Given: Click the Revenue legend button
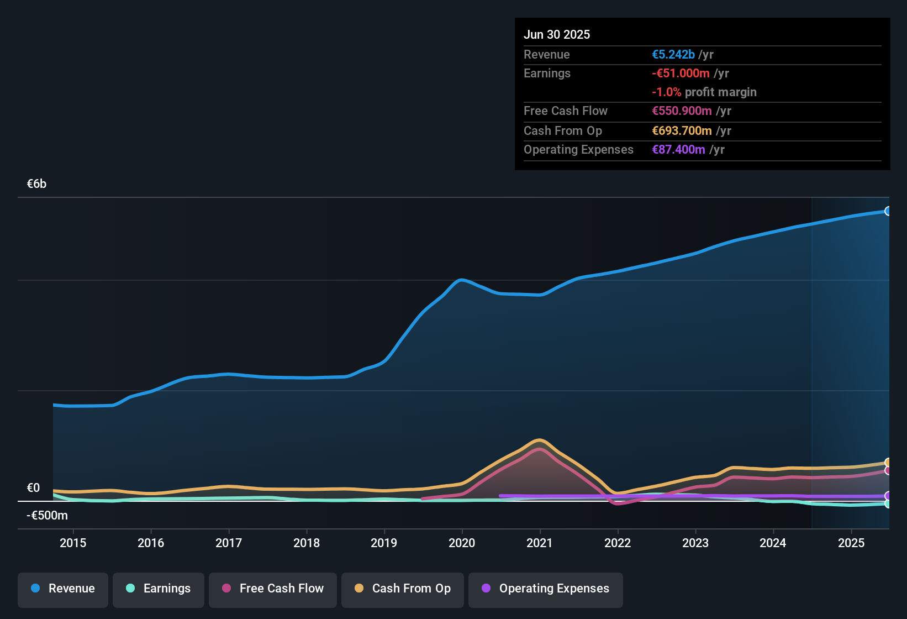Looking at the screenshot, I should click(x=63, y=589).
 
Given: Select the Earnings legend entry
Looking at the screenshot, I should click(x=159, y=589).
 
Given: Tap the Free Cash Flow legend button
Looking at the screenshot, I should click(x=273, y=589).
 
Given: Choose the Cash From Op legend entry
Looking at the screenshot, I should click(x=403, y=589).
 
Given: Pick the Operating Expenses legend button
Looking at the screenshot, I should click(x=546, y=589).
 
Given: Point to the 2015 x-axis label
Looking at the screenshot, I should click(x=73, y=543).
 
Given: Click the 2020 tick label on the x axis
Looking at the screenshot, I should click(x=462, y=543).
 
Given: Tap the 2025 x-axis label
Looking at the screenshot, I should click(x=851, y=543).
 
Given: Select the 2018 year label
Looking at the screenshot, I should click(x=307, y=543).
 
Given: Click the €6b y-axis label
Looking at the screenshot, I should click(x=37, y=184).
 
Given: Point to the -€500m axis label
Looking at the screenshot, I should click(x=48, y=516).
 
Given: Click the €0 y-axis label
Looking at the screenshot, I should click(x=34, y=488).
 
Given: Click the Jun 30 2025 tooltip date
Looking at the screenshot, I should click(x=557, y=34).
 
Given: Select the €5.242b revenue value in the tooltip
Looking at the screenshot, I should click(x=673, y=55).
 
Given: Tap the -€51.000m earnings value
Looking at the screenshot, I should click(x=681, y=74).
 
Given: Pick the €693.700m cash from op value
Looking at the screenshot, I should click(x=682, y=131).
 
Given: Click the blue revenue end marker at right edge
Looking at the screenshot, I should click(x=888, y=211).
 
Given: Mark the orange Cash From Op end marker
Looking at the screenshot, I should click(x=888, y=463).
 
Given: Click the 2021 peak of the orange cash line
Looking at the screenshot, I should click(x=539, y=440).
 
